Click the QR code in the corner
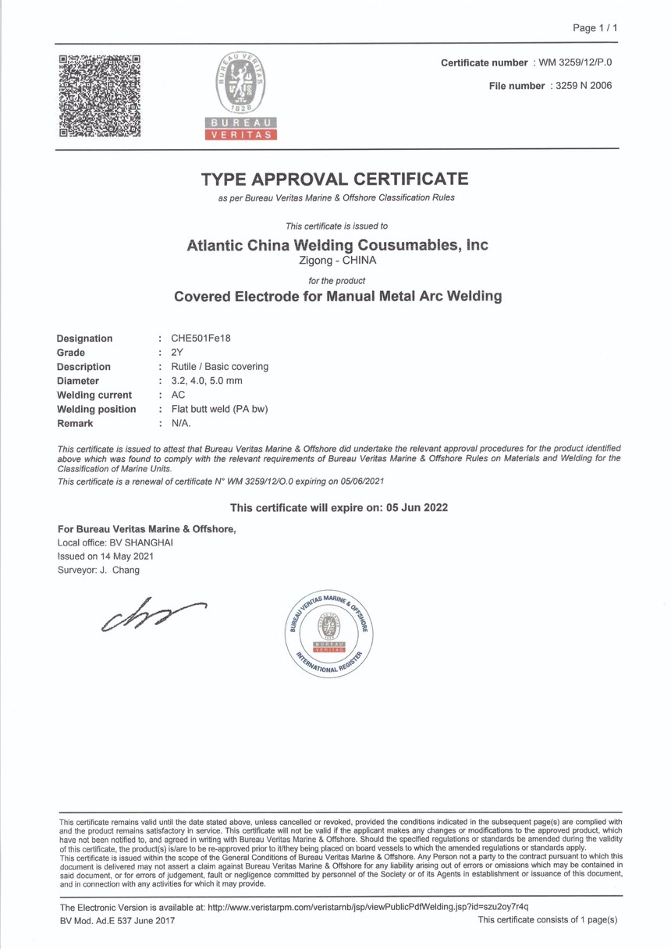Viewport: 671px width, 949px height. point(100,95)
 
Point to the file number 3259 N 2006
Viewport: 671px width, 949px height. point(580,86)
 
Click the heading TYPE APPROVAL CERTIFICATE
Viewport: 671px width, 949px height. point(335,179)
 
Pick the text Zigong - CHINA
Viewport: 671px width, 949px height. point(337,261)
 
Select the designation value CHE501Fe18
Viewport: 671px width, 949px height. point(195,339)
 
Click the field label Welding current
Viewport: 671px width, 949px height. point(94,395)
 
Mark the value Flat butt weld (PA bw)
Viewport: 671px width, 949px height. point(213,409)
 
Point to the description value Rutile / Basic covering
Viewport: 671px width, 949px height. point(213,367)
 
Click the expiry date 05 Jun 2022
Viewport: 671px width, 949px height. point(415,507)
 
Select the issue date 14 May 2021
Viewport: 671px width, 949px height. point(126,556)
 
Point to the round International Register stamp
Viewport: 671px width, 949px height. point(328,632)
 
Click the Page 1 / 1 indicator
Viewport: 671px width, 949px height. point(595,28)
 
